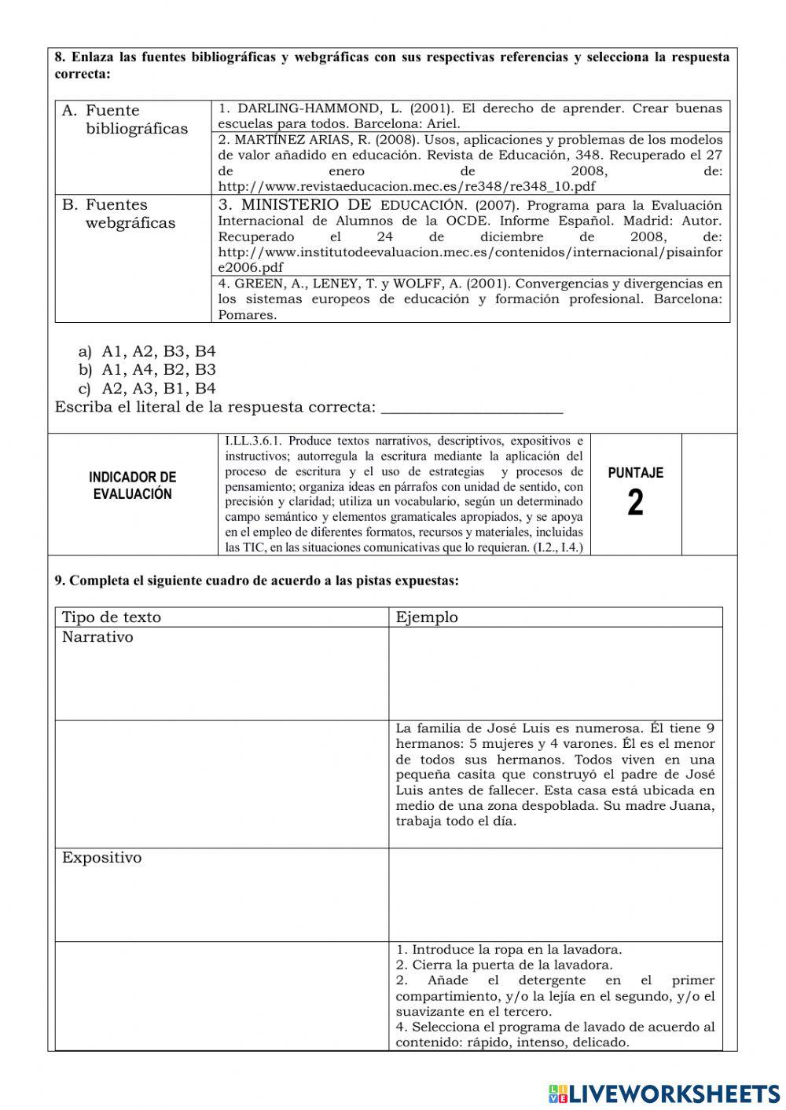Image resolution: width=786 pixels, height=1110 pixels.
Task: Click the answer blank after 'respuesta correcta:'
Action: click(472, 408)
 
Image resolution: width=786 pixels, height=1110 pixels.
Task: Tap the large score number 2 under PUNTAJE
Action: click(635, 504)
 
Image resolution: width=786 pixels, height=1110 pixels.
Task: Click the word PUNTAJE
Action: click(635, 473)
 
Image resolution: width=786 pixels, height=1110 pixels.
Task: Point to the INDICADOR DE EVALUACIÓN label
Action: click(132, 485)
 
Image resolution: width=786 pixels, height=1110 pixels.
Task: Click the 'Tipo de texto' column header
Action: click(111, 617)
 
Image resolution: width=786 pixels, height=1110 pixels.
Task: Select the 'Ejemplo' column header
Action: click(427, 617)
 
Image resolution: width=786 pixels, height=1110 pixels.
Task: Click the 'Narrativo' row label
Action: click(97, 637)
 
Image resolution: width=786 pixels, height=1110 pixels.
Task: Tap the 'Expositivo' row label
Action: click(102, 858)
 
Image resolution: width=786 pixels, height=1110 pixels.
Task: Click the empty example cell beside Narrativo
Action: click(555, 673)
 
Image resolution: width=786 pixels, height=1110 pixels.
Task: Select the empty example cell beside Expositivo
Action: click(555, 894)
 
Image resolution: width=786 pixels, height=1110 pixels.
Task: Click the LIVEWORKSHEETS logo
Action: click(664, 1093)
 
